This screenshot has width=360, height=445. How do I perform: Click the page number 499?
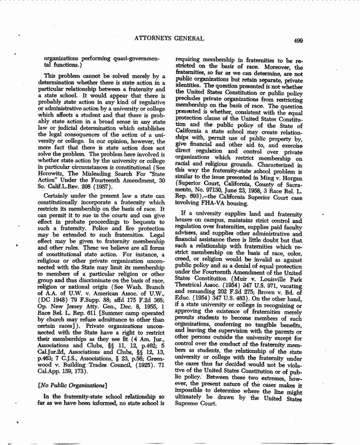(x=297, y=40)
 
